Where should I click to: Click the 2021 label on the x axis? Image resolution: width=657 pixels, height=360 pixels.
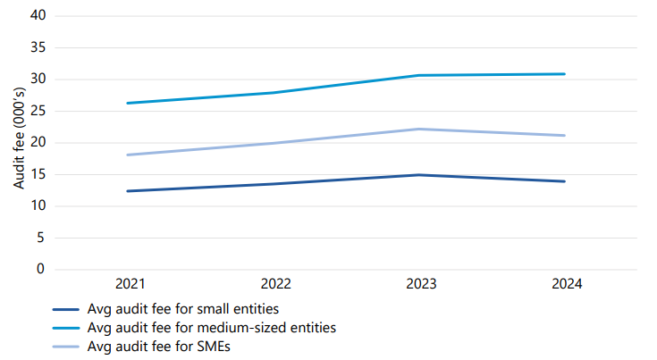point(130,284)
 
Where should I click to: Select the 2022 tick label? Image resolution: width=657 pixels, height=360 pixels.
point(275,284)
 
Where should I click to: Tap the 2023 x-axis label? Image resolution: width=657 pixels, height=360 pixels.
point(421,284)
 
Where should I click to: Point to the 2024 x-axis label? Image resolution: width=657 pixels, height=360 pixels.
point(567,284)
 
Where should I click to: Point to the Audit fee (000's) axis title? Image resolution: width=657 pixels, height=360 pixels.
point(19,142)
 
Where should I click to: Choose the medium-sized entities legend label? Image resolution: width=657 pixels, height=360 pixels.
point(212,328)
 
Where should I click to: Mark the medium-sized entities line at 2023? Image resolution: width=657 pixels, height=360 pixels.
point(421,75)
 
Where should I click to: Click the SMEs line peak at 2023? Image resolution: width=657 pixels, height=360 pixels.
point(421,129)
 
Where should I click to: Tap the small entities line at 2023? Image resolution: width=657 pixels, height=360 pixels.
point(421,175)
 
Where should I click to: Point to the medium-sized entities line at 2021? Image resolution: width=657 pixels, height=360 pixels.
point(130,103)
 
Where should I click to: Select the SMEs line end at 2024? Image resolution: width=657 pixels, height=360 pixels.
point(565,136)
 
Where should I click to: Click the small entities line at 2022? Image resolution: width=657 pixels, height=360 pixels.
point(275,184)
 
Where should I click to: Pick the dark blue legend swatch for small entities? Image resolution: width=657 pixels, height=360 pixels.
point(67,309)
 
